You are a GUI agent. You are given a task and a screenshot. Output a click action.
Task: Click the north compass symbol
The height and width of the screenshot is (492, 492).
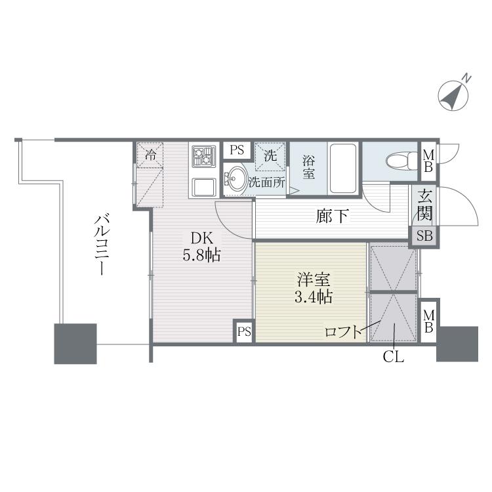tap(453, 95)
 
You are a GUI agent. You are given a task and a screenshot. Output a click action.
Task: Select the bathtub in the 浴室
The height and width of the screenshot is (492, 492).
tap(343, 168)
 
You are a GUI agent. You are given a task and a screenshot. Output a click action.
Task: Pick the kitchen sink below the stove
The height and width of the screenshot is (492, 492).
tap(204, 188)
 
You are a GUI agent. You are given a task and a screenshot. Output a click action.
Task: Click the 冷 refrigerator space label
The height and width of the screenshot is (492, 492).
tap(150, 154)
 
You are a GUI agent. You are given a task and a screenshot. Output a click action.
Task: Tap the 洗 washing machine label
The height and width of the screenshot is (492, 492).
tap(270, 155)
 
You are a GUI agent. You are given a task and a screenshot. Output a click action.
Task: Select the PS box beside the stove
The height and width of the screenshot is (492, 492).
tap(237, 150)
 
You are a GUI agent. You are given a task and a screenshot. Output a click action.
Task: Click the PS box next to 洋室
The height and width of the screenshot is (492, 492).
tap(244, 331)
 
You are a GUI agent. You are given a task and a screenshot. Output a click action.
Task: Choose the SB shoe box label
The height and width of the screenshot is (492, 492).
tap(424, 236)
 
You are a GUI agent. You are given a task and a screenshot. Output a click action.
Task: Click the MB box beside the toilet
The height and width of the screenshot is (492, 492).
tap(428, 161)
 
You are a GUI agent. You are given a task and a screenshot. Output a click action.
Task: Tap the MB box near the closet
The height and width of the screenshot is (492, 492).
tap(428, 321)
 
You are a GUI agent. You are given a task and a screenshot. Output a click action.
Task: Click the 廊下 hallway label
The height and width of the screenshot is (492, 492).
tap(332, 216)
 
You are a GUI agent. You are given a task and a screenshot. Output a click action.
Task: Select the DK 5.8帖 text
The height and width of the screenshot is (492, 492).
tap(202, 247)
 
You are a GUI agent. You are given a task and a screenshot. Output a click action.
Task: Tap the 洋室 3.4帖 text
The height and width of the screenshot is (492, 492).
tap(314, 289)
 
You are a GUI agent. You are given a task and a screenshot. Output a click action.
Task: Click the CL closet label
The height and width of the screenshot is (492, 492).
tap(394, 357)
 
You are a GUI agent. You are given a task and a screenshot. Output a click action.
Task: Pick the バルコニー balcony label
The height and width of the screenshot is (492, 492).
tap(102, 245)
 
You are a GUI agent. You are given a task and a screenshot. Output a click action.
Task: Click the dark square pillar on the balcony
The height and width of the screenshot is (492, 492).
tap(75, 344)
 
